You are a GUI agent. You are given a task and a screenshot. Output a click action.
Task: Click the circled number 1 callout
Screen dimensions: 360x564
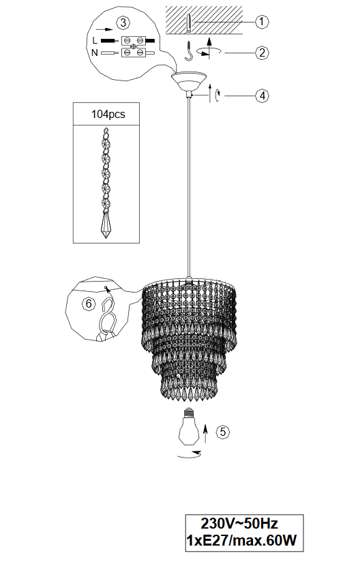[x=261, y=22]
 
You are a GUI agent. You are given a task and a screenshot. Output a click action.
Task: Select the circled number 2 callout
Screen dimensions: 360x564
[x=262, y=53]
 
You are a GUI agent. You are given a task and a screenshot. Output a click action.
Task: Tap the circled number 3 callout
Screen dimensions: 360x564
[x=123, y=23]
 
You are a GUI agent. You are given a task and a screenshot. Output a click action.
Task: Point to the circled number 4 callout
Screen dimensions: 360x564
[x=262, y=95]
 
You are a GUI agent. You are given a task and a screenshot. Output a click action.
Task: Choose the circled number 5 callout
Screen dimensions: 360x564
[x=223, y=432]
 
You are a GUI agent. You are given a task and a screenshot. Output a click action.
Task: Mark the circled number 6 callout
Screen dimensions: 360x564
[x=89, y=304]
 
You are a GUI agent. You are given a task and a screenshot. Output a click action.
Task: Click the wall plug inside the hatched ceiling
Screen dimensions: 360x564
[x=190, y=23]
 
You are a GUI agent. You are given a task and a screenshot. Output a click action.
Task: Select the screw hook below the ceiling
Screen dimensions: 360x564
[x=189, y=50]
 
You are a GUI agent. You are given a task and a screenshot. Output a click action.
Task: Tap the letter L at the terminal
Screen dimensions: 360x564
[x=95, y=40]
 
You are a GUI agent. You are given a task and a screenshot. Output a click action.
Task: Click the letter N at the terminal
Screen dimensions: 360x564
[x=95, y=53]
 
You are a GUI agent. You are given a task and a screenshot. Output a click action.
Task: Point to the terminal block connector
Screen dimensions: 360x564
[x=134, y=46]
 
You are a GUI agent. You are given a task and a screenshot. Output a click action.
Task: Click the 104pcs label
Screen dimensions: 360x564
[x=108, y=115]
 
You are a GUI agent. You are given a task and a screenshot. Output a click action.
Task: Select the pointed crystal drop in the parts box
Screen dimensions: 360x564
[x=106, y=225]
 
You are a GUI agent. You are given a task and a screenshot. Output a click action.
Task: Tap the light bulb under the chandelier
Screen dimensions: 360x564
[x=188, y=427]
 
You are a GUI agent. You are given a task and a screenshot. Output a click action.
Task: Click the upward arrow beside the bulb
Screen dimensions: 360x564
[x=205, y=434]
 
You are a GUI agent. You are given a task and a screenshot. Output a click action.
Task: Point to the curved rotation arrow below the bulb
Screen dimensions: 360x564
[x=190, y=455]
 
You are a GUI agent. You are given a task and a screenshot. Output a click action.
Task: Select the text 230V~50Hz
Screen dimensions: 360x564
[x=239, y=523]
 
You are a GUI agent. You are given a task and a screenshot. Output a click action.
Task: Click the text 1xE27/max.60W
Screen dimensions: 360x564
[x=241, y=541]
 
